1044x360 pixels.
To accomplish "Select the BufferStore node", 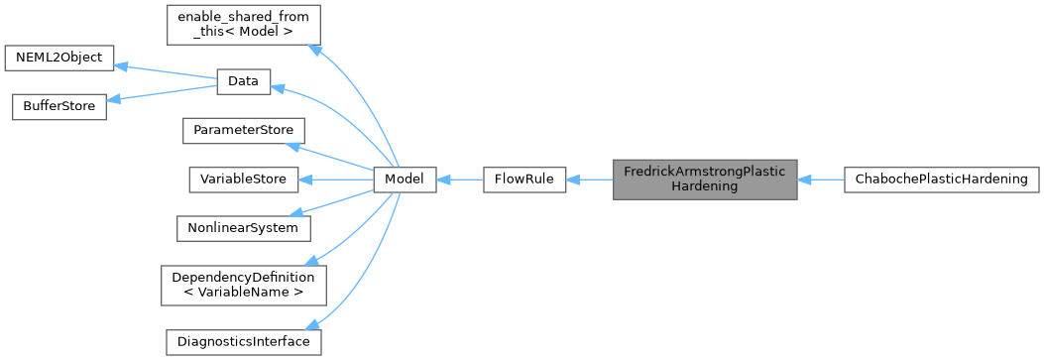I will coord(58,106).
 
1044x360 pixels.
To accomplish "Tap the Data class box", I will coord(243,82).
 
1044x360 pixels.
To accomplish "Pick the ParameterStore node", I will coord(242,131).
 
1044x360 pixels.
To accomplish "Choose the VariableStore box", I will coord(243,180).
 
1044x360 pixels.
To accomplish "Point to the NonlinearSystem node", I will coord(243,227).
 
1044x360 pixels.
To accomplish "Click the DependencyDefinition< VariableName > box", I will coord(243,284).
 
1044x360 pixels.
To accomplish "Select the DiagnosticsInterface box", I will coord(243,341).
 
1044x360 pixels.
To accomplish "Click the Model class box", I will coord(404,180).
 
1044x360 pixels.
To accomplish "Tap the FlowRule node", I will coord(523,180).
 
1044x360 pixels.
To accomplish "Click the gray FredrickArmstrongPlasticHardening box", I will coord(704,180).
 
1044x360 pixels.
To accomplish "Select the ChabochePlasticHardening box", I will coord(940,180).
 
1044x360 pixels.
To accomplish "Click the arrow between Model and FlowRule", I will coord(459,180).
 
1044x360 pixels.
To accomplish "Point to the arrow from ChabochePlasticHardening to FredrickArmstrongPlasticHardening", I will coord(820,180).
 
